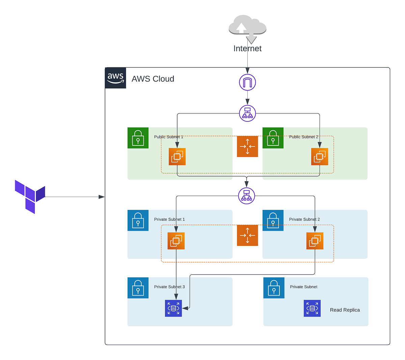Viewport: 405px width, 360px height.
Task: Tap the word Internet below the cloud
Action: [x=247, y=49]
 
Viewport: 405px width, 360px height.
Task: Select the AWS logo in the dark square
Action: [x=115, y=78]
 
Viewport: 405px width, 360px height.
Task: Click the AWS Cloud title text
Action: [x=153, y=79]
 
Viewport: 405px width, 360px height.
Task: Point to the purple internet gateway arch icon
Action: [x=247, y=82]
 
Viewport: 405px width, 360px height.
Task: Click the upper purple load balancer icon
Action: [x=247, y=113]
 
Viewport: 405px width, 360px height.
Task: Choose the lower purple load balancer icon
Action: [x=246, y=196]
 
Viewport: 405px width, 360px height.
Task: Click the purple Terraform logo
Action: [x=30, y=197]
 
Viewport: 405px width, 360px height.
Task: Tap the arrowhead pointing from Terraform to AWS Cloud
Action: [x=102, y=197]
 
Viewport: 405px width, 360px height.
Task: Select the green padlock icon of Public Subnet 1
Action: [x=138, y=138]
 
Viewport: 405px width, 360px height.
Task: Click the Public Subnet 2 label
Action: [x=303, y=137]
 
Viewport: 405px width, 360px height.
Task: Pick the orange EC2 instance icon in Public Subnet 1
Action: [x=177, y=157]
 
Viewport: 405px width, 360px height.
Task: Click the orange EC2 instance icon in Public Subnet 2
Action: [x=320, y=157]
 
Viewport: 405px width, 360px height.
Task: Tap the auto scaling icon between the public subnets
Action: [x=247, y=146]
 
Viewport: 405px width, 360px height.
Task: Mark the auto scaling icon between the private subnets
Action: [x=247, y=236]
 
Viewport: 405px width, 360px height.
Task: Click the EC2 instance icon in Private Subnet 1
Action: [x=176, y=241]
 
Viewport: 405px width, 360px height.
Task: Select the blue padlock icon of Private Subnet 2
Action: [x=273, y=220]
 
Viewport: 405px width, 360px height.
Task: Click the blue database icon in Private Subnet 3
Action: [x=173, y=308]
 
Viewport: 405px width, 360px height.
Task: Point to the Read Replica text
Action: [x=345, y=310]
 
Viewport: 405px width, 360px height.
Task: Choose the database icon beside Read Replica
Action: [x=312, y=308]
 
